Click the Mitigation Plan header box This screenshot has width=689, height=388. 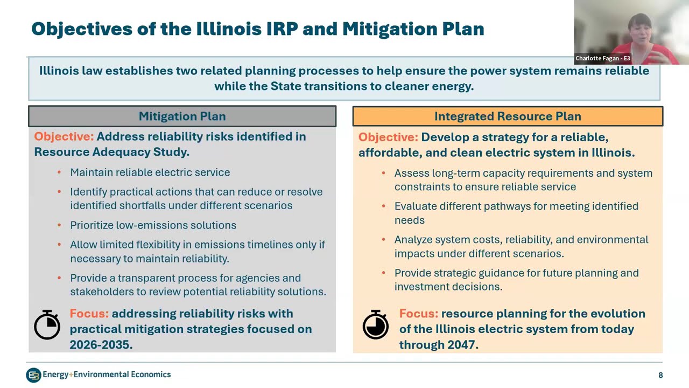point(182,116)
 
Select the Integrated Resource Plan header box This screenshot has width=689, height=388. point(507,116)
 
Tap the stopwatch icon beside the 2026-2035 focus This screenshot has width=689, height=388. point(47,325)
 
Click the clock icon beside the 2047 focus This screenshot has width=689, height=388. point(375,325)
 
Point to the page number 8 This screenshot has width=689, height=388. point(660,375)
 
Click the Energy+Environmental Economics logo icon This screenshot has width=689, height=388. point(33,375)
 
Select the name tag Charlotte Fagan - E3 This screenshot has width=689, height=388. point(602,58)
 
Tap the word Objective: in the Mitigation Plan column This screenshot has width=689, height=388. point(64,137)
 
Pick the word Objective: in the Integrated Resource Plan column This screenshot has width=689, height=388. point(388,137)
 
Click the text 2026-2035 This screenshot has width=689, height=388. point(101,344)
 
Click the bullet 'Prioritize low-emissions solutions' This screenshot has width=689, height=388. point(153,225)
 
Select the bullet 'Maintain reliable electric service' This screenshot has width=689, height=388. point(150,172)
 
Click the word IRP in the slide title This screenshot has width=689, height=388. point(279,29)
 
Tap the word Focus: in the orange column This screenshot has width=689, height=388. point(418,314)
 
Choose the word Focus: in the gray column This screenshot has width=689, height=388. point(89,314)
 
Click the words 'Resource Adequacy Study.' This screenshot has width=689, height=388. point(111,152)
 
